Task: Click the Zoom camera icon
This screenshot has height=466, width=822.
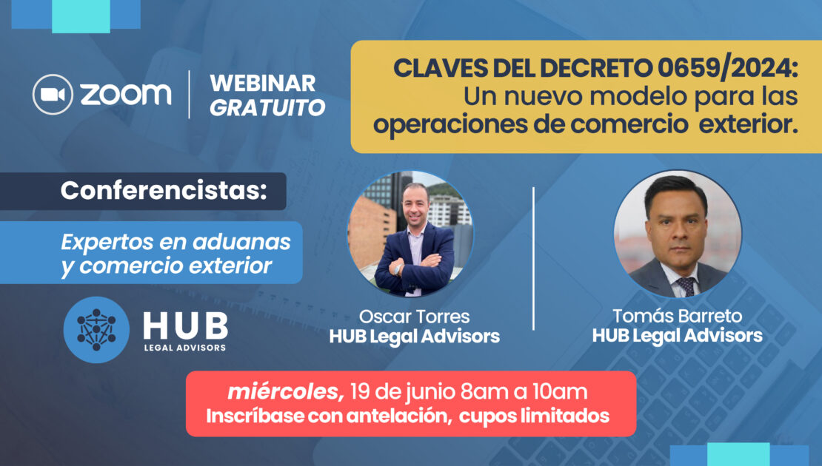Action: (53, 94)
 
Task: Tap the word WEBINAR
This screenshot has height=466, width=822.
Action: (263, 84)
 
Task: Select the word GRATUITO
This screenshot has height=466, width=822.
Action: (267, 107)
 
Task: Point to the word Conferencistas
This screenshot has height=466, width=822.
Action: (164, 190)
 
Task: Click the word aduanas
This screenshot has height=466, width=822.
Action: (241, 242)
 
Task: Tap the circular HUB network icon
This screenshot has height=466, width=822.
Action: (96, 330)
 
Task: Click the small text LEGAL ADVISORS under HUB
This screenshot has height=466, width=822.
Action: (185, 347)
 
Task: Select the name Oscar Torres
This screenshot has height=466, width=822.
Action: (414, 317)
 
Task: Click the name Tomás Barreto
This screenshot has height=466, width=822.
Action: (678, 316)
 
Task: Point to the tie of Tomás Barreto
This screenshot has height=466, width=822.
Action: (686, 286)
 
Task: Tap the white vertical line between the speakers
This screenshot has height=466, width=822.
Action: (534, 259)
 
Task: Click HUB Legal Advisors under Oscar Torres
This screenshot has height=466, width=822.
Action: (414, 336)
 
